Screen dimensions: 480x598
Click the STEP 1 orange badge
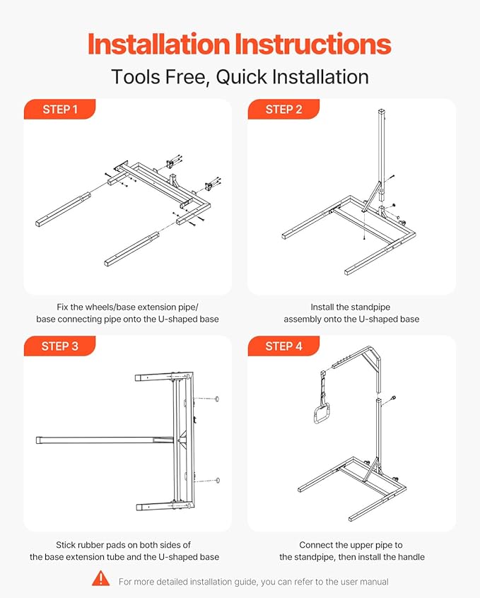click(59, 109)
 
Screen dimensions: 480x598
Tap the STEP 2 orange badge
click(283, 109)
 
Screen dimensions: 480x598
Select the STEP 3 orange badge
click(59, 346)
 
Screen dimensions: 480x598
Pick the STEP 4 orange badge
click(283, 346)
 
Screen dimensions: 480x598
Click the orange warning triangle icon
click(100, 578)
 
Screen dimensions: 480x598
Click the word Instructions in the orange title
click(312, 45)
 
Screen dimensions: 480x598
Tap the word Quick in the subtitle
click(241, 77)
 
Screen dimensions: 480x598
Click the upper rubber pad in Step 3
click(217, 399)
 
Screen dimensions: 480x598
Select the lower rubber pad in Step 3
click(218, 480)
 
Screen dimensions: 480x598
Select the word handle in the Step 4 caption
click(411, 557)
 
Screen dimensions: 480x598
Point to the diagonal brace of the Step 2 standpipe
click(371, 197)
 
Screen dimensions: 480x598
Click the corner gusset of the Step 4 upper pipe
click(371, 359)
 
